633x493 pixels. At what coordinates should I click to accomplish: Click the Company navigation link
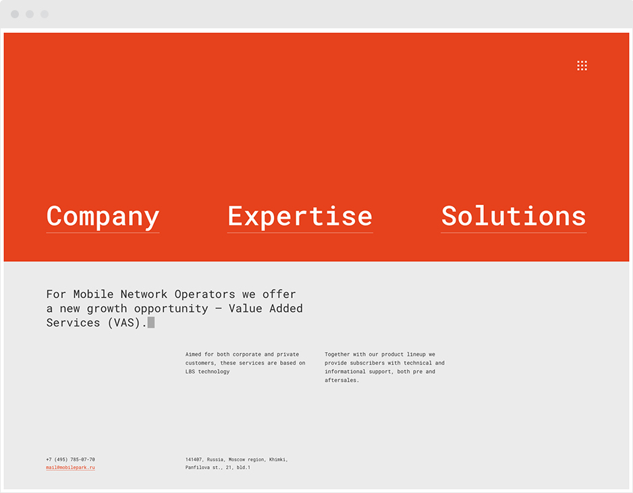click(x=103, y=217)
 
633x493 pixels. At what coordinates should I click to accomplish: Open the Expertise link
click(x=300, y=217)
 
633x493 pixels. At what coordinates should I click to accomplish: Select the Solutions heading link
click(x=514, y=216)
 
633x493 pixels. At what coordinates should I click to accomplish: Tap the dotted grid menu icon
click(x=582, y=66)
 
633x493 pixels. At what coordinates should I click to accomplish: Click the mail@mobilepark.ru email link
click(x=71, y=467)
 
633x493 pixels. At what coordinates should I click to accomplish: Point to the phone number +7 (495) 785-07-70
click(x=71, y=459)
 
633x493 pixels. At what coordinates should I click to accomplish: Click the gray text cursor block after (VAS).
click(x=151, y=322)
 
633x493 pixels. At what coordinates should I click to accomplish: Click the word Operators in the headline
click(x=204, y=295)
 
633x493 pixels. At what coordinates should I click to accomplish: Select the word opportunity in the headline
click(x=171, y=309)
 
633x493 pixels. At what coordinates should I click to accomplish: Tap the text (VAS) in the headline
click(x=124, y=323)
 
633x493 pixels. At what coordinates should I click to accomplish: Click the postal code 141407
click(x=194, y=459)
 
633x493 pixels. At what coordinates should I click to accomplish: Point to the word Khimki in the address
click(x=279, y=459)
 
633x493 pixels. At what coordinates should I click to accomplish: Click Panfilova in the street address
click(x=198, y=467)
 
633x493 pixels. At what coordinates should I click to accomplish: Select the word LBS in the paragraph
click(x=190, y=372)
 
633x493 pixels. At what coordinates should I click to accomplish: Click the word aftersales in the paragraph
click(x=341, y=380)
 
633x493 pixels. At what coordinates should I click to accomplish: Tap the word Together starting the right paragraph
click(x=337, y=355)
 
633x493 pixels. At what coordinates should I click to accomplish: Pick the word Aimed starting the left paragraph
click(x=194, y=354)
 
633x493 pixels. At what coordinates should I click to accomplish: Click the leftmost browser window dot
click(x=15, y=14)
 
